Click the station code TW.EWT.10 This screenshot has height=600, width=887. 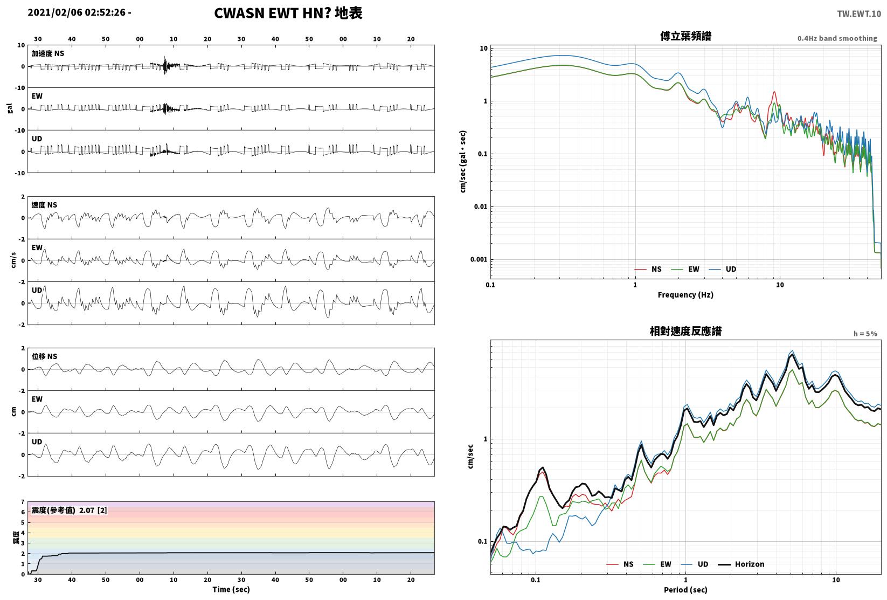pyautogui.click(x=859, y=14)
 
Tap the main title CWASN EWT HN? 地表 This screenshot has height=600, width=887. pyautogui.click(x=288, y=13)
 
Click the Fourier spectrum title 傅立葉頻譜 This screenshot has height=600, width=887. pyautogui.click(x=685, y=36)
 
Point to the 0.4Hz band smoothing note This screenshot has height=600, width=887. pyautogui.click(x=837, y=38)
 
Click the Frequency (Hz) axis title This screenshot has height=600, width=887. pyautogui.click(x=685, y=295)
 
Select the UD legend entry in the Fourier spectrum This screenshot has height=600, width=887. pyautogui.click(x=723, y=270)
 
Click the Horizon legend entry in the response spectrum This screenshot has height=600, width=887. pyautogui.click(x=742, y=564)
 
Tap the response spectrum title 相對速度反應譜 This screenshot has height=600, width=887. pyautogui.click(x=685, y=331)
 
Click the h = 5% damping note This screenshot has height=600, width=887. pyautogui.click(x=865, y=334)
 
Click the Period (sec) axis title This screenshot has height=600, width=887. pyautogui.click(x=685, y=590)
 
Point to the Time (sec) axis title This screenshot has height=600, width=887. pyautogui.click(x=231, y=589)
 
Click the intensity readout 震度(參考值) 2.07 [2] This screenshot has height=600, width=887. pyautogui.click(x=70, y=510)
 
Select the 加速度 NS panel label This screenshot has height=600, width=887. pyautogui.click(x=48, y=53)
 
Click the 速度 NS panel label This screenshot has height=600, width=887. pyautogui.click(x=44, y=205)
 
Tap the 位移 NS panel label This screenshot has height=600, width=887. pyautogui.click(x=44, y=356)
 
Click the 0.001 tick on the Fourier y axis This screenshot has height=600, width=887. pyautogui.click(x=479, y=259)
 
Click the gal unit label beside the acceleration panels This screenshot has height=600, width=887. pyautogui.click(x=10, y=108)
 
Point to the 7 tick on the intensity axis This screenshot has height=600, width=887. pyautogui.click(x=23, y=502)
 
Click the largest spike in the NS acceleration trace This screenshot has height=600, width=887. pyautogui.click(x=165, y=65)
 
